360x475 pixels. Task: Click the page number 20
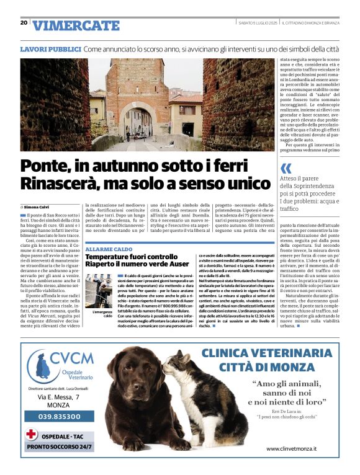24,22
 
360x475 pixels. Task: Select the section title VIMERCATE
76,25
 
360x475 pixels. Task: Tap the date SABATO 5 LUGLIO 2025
258,23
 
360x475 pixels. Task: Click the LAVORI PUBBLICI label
50,48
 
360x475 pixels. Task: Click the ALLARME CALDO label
109,249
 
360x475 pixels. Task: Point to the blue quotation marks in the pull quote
286,169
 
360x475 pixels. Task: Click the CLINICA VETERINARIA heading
280,354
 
